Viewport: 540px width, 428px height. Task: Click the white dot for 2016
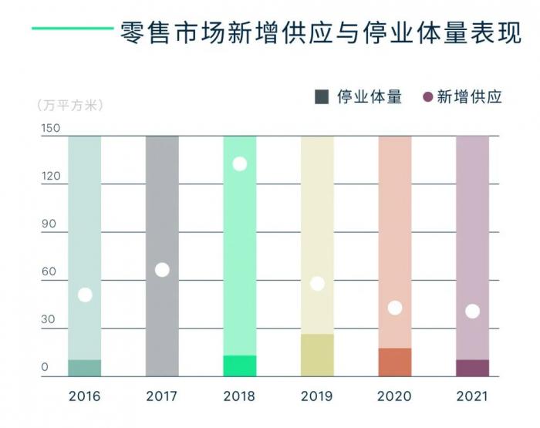tap(85, 295)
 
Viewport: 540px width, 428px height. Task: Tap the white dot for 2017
tap(162, 270)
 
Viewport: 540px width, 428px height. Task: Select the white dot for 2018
tap(239, 163)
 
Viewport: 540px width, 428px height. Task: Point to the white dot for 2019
tap(317, 283)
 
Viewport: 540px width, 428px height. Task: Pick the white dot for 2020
tap(394, 308)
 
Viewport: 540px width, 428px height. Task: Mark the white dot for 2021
tap(472, 312)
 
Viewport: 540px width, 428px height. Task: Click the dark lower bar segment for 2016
tap(85, 368)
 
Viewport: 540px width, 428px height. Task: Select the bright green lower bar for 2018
tap(239, 366)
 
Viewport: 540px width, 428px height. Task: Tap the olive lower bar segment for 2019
tap(317, 356)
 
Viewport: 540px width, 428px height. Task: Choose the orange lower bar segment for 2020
tap(394, 362)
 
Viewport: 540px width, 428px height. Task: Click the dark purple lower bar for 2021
tap(472, 368)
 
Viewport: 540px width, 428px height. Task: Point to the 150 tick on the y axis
tap(50, 129)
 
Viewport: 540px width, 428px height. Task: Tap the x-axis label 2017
tap(162, 397)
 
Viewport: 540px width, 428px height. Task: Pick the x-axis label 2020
tap(394, 397)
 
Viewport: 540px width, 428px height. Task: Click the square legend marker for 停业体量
tap(322, 97)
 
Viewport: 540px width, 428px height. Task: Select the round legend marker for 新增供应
tap(428, 97)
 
